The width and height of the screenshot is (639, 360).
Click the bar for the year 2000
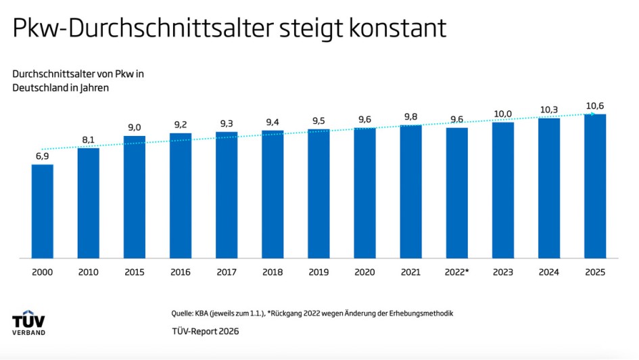click(x=42, y=211)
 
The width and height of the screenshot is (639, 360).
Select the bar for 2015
click(x=134, y=197)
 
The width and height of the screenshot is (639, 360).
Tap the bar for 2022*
click(x=456, y=193)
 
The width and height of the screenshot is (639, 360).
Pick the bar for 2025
click(x=594, y=186)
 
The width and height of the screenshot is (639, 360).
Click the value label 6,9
click(x=42, y=156)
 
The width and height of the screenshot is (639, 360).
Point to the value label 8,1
click(x=88, y=139)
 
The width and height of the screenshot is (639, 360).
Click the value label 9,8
click(x=410, y=116)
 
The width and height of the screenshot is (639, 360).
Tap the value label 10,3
click(x=548, y=110)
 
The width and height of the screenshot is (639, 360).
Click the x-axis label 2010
click(x=88, y=272)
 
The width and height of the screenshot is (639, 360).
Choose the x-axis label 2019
click(x=318, y=272)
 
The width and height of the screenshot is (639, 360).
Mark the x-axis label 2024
click(x=548, y=272)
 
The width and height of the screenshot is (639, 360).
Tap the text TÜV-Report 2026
click(x=205, y=331)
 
